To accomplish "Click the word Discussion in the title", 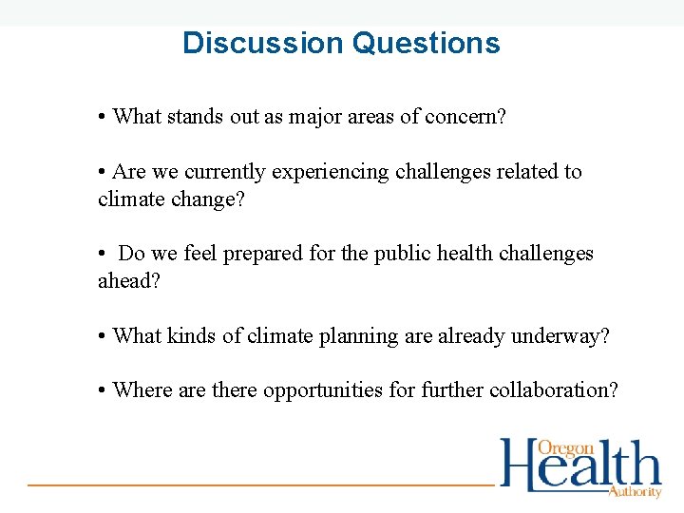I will pyautogui.click(x=262, y=44).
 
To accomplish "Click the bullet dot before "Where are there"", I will pyautogui.click(x=102, y=390).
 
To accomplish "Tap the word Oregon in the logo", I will pyautogui.click(x=566, y=448).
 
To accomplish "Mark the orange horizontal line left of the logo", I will pyautogui.click(x=261, y=484).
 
